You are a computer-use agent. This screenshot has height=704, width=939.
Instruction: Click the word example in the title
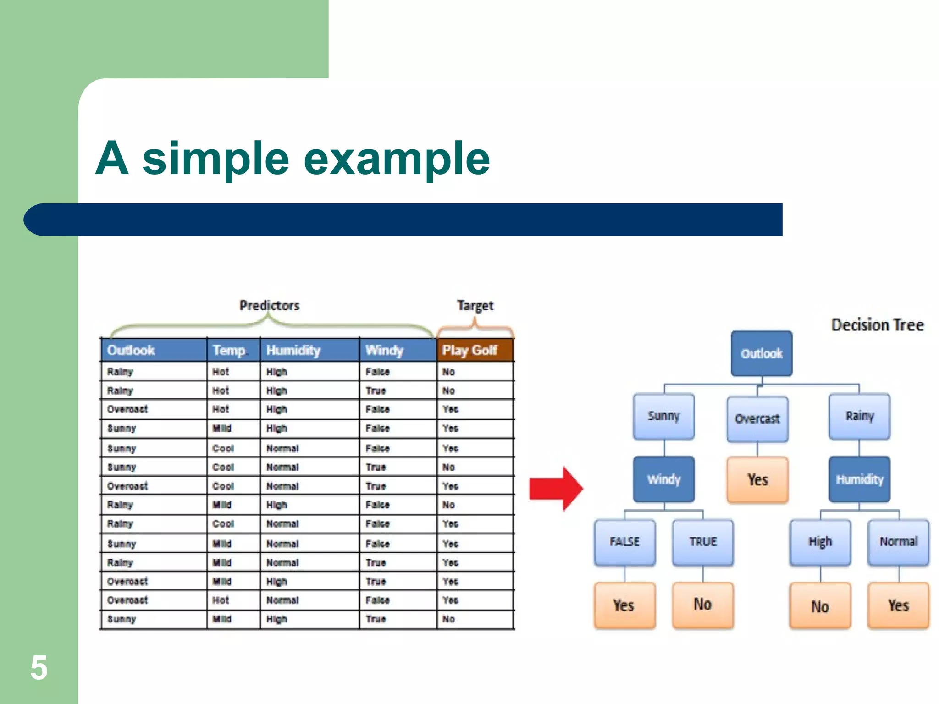[397, 159]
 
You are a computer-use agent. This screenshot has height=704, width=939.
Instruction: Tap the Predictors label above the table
[269, 305]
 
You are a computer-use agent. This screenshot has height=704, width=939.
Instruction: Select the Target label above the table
[475, 305]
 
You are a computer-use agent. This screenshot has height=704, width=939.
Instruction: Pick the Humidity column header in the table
[293, 350]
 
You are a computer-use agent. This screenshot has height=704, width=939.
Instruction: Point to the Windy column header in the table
[384, 350]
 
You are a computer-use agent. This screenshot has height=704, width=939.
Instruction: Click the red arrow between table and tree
[556, 489]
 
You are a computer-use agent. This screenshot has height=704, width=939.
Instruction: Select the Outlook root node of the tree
[762, 353]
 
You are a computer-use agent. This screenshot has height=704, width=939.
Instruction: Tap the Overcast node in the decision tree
[757, 418]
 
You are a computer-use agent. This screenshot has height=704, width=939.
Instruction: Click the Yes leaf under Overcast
[757, 479]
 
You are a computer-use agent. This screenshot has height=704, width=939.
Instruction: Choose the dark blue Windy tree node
[663, 479]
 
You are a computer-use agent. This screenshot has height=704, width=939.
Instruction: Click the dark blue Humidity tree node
[859, 479]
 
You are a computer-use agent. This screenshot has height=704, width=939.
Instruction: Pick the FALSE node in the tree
[624, 542]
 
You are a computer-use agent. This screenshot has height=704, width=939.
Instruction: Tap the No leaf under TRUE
[702, 605]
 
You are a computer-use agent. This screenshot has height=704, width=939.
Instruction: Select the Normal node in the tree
[898, 542]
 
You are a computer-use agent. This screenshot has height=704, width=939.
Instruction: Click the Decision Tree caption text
[878, 325]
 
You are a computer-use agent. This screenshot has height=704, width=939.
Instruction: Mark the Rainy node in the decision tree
[859, 416]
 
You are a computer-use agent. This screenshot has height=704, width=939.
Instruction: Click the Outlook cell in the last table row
[122, 619]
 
